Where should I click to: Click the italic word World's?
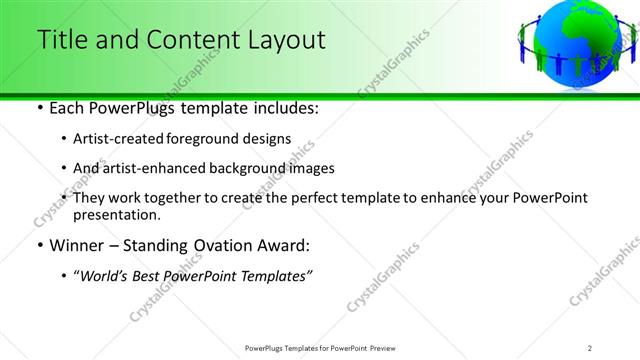tap(106, 276)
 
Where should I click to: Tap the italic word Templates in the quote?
tap(275, 276)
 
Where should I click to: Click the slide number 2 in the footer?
tap(590, 347)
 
